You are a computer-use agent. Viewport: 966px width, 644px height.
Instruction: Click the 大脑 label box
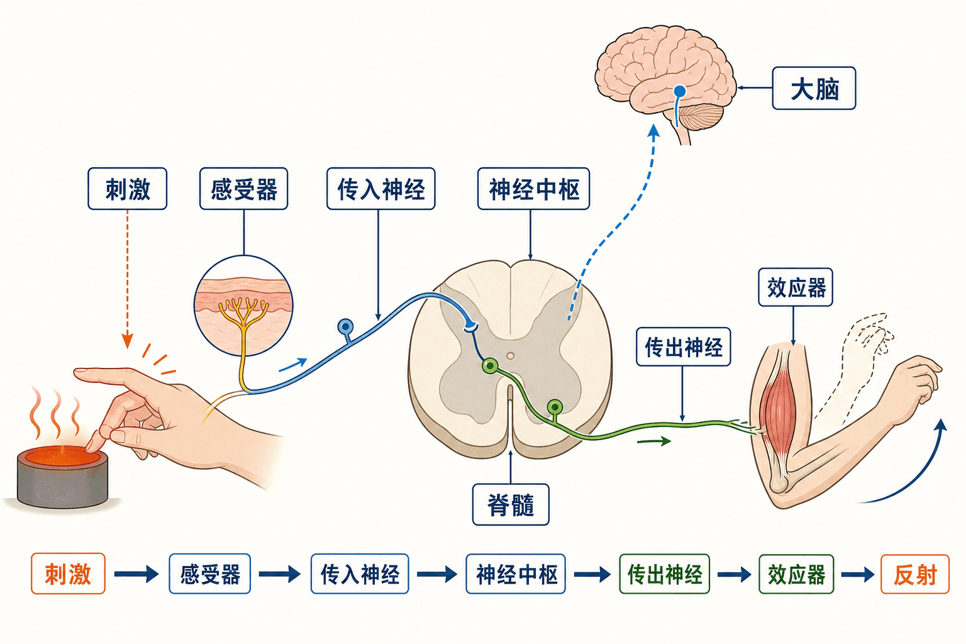[814, 89]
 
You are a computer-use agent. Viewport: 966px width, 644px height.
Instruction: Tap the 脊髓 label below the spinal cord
[511, 504]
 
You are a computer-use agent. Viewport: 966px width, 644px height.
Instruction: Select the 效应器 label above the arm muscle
[796, 287]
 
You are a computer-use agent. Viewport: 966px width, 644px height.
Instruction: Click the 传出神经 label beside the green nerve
[684, 347]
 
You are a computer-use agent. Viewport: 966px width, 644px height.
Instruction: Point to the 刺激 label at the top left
[127, 189]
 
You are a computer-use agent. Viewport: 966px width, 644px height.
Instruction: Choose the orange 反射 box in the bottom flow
[915, 574]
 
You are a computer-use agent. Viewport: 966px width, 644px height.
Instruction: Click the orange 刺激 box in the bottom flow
[68, 574]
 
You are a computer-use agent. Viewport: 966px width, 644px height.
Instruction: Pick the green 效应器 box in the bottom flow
[796, 574]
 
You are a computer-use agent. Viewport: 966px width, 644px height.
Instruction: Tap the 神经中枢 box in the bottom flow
[516, 574]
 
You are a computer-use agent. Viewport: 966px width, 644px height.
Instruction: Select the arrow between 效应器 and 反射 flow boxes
[857, 574]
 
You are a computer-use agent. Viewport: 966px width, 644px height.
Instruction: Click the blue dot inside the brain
[680, 91]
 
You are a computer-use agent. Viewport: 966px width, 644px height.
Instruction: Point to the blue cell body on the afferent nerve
[345, 326]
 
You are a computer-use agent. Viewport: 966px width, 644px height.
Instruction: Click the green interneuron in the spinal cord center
[489, 366]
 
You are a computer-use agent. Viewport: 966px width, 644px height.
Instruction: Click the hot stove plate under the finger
[62, 477]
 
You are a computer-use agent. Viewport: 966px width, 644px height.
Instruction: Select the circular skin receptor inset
[243, 306]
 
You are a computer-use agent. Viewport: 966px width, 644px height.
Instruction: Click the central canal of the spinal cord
[511, 356]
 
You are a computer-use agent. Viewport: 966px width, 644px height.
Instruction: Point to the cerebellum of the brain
[701, 116]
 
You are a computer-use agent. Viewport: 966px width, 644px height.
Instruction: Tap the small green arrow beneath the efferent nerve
[654, 441]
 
